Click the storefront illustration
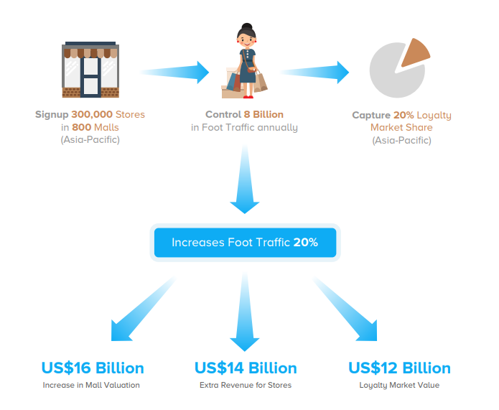pos(90,70)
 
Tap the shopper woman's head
pos(246,36)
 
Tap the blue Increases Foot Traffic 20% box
pos(244,243)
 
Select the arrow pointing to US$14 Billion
pos(245,309)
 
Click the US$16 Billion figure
pos(93,368)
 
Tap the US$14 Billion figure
pos(246,368)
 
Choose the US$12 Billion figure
pos(399,368)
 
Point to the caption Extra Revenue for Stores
pos(246,386)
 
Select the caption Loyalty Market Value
pos(399,386)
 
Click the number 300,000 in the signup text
pos(97,115)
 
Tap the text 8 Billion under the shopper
pos(264,115)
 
